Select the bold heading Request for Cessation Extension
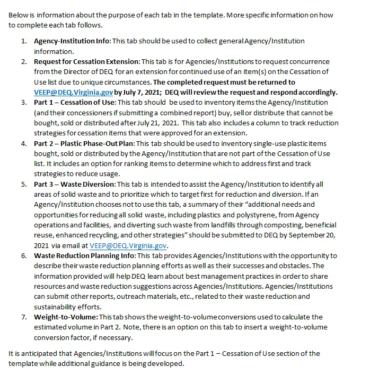pos(86,61)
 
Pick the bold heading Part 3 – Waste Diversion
pos(74,184)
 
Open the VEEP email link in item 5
pos(128,245)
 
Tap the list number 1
pos(24,41)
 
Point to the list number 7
pos(24,317)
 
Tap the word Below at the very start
pos(19,15)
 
